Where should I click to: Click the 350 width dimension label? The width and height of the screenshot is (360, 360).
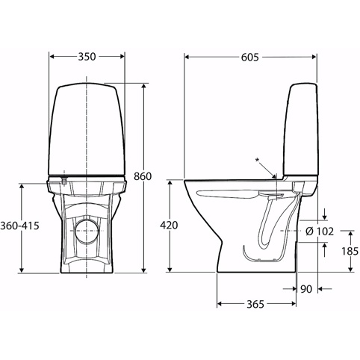tap(87, 57)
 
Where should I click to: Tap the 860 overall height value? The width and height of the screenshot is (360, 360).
tap(143, 176)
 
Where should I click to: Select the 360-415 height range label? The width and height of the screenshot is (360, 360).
tap(19, 226)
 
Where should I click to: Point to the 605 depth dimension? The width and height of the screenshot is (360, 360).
tap(250, 58)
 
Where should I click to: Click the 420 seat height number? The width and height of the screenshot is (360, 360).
tap(169, 226)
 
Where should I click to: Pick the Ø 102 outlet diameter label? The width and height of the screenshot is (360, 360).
tap(320, 232)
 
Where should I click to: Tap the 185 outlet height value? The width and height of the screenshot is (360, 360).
tap(350, 251)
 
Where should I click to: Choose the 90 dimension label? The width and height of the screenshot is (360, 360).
tap(306, 289)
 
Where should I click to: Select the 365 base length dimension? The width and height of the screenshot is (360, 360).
tap(255, 304)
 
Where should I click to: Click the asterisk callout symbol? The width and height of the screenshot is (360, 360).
tap(258, 160)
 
